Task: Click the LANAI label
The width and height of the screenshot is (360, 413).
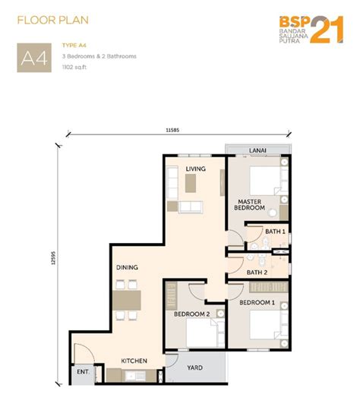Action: coord(257,150)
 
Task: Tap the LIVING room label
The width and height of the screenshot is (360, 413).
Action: coord(195,169)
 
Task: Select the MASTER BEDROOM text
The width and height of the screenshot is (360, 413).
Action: coord(249,205)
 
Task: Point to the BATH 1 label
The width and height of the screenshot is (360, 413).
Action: coord(275,232)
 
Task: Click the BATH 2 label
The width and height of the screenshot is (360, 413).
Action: coord(257,273)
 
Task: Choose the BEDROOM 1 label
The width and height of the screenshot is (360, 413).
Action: coord(257,302)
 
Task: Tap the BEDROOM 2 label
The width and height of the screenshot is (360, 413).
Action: coord(192,314)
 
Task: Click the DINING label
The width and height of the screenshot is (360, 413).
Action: coord(127,267)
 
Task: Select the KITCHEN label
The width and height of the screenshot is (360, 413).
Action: coord(134,361)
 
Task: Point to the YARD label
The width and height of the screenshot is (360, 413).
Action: coord(195,367)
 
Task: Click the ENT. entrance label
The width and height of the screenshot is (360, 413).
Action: coord(83,372)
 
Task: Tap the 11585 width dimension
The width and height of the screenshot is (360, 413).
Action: coord(172,130)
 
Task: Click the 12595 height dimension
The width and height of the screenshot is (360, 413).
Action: coord(53,257)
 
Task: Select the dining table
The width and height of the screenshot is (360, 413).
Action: coord(127,301)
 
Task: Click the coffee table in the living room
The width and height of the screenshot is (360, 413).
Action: coord(191,183)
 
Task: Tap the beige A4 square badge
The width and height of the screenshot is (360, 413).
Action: coord(34,58)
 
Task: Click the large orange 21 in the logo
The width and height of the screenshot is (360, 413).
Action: coord(327,30)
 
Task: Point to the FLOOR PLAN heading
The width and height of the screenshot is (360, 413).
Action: coord(53,20)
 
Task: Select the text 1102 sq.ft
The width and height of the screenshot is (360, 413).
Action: coord(74,67)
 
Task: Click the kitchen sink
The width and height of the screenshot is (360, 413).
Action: coord(135,376)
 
